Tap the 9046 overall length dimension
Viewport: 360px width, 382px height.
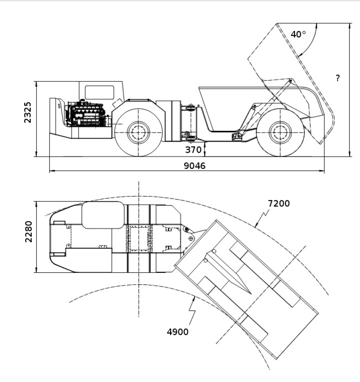194,166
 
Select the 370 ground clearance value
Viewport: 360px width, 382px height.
193,150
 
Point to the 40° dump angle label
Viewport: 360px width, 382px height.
298,35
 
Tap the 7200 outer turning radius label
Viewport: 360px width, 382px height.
279,203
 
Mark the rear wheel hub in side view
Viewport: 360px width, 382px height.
280,131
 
